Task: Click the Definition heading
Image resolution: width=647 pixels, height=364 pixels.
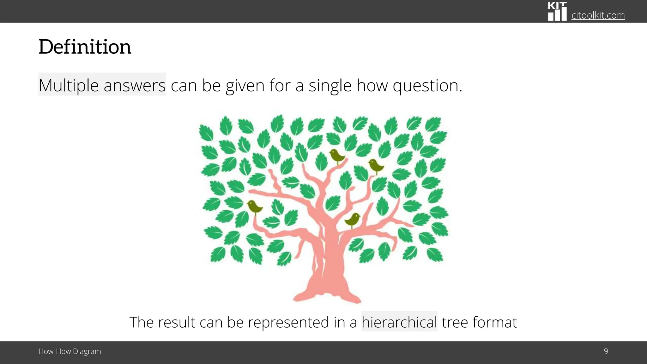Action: coord(85,47)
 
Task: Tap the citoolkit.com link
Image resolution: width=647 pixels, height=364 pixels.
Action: coord(598,15)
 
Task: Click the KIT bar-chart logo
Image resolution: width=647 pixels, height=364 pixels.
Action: coord(557,12)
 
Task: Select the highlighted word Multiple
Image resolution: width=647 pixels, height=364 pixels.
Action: coord(69,85)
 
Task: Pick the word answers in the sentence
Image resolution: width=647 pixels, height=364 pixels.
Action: coord(134,86)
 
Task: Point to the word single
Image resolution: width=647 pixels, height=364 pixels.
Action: coord(330,86)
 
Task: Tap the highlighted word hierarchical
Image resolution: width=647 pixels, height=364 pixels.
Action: coord(399,322)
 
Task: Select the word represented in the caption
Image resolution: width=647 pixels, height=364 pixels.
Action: coord(288,322)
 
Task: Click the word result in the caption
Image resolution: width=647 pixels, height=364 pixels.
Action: coord(177,322)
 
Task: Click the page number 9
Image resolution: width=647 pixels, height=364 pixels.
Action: coord(606,351)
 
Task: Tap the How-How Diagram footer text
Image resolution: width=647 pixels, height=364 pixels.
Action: coord(70,351)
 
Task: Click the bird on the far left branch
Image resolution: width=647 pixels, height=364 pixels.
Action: coord(254,207)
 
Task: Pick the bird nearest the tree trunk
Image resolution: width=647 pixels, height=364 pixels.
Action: coord(353,219)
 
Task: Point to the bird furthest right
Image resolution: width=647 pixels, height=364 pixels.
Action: coord(376,165)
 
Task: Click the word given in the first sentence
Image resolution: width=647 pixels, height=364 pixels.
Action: coord(245,86)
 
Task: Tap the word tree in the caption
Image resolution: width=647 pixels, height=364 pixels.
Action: coord(455,322)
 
